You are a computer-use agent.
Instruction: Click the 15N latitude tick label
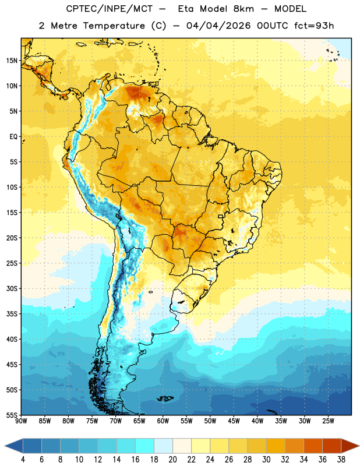coord(12,61)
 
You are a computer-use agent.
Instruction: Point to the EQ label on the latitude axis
coord(13,137)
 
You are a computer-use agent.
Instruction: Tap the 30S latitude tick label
coord(12,288)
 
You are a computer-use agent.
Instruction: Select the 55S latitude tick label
coord(12,415)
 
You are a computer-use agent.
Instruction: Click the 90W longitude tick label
coord(22,421)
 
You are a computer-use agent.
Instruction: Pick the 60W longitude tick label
coord(163,421)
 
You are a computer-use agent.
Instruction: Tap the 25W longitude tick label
coord(328,421)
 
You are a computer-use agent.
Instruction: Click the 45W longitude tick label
coord(234,421)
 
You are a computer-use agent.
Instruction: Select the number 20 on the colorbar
coord(172,460)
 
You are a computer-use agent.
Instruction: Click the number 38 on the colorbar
coord(341,460)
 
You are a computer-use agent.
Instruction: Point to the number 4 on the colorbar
coord(23,460)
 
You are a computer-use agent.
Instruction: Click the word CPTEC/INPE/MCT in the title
coord(110,9)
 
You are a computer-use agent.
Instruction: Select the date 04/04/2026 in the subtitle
coord(218,26)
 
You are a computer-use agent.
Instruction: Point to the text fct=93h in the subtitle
coord(314,26)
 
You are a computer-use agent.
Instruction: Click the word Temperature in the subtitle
coord(114,26)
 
